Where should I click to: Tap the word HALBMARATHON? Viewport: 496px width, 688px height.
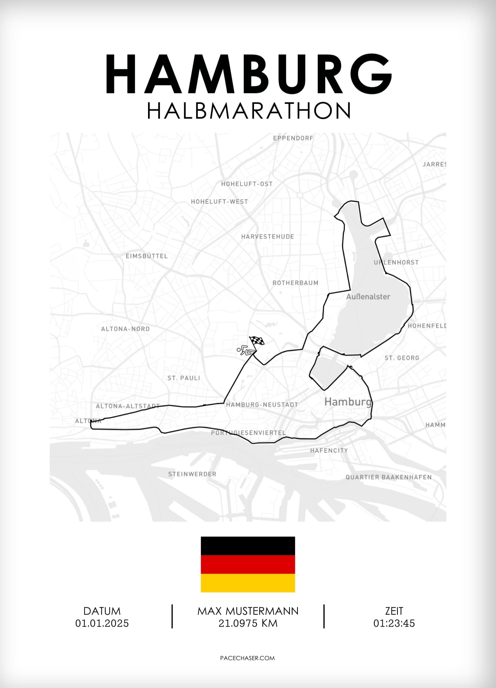[x=249, y=111]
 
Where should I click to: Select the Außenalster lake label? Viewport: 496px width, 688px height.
[x=368, y=297]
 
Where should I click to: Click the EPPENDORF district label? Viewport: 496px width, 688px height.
[x=293, y=138]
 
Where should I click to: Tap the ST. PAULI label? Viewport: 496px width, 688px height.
[x=184, y=378]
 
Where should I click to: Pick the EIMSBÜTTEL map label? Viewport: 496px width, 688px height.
[x=147, y=256]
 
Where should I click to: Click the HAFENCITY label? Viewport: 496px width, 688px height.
[x=329, y=451]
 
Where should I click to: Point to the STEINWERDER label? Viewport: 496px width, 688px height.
[x=192, y=474]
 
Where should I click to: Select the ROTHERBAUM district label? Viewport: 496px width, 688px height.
[x=295, y=283]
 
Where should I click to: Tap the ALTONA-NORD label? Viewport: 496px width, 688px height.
[x=125, y=329]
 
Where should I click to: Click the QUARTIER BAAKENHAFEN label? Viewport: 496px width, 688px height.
[x=388, y=477]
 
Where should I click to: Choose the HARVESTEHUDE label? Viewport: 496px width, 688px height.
[x=268, y=237]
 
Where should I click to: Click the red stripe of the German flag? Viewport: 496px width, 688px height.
[x=248, y=564]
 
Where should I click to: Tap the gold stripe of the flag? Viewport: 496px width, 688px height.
[x=248, y=583]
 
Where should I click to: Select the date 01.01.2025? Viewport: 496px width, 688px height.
[x=102, y=623]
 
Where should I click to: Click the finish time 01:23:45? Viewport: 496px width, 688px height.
[x=394, y=623]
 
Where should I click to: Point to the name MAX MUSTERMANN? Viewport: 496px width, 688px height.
[x=248, y=611]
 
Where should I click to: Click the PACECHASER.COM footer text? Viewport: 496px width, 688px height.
[x=247, y=658]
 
